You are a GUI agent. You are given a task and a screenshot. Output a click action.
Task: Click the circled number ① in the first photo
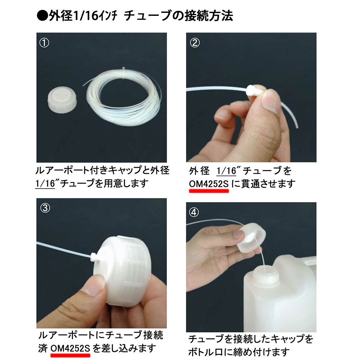click(x=44, y=43)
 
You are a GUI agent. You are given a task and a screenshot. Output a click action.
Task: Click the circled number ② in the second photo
click(x=195, y=43)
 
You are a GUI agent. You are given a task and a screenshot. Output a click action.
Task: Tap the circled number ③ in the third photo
click(x=45, y=208)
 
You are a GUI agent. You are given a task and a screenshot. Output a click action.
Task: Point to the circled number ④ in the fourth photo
click(x=194, y=212)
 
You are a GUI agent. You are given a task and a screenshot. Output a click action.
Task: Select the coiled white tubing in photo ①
click(x=124, y=98)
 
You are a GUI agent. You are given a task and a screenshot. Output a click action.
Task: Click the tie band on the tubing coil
click(x=124, y=73)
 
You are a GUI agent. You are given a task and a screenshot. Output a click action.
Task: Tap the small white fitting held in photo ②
click(x=254, y=91)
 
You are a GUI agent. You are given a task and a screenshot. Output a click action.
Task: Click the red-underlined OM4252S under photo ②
click(x=209, y=184)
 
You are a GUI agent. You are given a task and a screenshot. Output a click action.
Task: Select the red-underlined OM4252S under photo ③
click(x=70, y=348)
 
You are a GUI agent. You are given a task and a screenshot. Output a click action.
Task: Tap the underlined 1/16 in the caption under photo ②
click(x=226, y=171)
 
